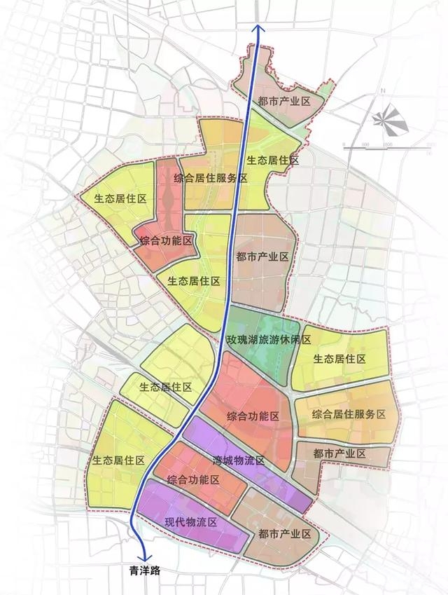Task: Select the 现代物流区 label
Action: click(192, 522)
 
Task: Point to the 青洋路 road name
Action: click(144, 571)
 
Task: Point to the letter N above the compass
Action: click(384, 92)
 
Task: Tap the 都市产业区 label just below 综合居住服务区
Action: click(339, 454)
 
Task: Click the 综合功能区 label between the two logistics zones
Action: click(194, 480)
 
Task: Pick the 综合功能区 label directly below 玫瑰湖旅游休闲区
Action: click(253, 416)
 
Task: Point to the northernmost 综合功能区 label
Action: click(166, 240)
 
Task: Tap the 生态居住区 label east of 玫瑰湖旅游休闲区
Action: click(339, 359)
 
